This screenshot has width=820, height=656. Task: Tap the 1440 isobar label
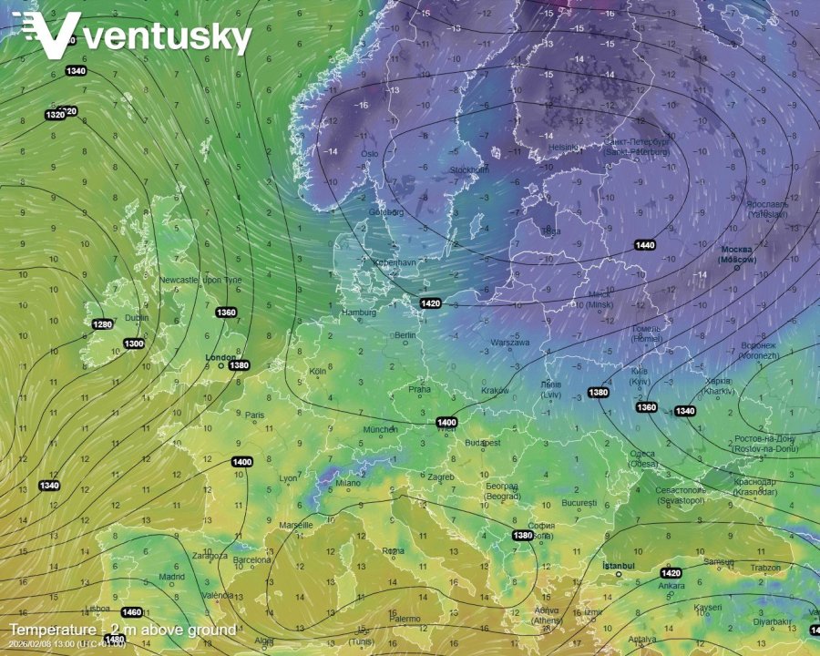click(x=645, y=245)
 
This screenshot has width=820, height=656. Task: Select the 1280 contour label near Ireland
click(x=103, y=324)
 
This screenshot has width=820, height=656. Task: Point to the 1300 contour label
click(x=134, y=343)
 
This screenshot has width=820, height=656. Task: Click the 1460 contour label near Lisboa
click(x=131, y=612)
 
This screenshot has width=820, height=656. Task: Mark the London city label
click(x=220, y=357)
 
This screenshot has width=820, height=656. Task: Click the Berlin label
click(x=405, y=335)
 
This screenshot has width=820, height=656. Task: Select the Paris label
click(x=255, y=415)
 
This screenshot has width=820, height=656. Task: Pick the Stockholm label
click(x=469, y=170)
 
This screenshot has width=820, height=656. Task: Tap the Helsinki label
click(x=564, y=148)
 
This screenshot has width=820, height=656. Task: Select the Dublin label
click(x=137, y=318)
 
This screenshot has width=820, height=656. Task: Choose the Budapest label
click(x=482, y=443)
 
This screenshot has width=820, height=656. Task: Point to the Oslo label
click(x=369, y=154)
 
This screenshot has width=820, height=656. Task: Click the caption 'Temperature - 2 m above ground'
click(x=123, y=630)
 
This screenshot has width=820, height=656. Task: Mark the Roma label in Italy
click(x=393, y=551)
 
